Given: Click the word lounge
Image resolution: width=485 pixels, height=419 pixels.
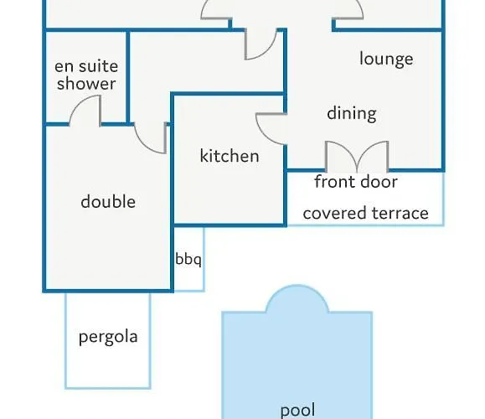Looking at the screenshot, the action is [x=386, y=59].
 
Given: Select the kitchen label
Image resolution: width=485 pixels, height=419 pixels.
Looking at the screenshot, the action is [x=230, y=155].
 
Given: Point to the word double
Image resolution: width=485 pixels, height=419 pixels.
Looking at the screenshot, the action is [x=108, y=201].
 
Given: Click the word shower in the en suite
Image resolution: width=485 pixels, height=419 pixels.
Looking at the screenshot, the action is [x=86, y=83].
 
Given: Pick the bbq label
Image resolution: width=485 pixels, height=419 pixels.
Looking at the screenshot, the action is [x=188, y=259].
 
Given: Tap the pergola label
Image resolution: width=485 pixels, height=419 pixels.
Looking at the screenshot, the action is [x=108, y=337].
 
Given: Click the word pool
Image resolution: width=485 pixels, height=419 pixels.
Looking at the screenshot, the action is [x=297, y=410].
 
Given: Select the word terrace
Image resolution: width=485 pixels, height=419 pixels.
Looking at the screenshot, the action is [x=400, y=213].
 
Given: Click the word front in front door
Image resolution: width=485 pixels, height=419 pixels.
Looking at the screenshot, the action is [x=333, y=181].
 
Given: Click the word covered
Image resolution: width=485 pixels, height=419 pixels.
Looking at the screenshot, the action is [x=335, y=213].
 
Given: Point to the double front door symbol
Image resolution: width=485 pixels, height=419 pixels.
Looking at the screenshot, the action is [x=357, y=157].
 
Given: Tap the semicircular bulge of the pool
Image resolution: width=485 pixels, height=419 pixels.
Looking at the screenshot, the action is [x=297, y=287].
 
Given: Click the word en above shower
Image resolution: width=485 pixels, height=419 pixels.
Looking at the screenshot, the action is [x=64, y=66].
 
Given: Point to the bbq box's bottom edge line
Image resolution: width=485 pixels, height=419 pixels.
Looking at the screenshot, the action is [x=188, y=291].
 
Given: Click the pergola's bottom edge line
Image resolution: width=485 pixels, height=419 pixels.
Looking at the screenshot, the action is [x=108, y=387].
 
